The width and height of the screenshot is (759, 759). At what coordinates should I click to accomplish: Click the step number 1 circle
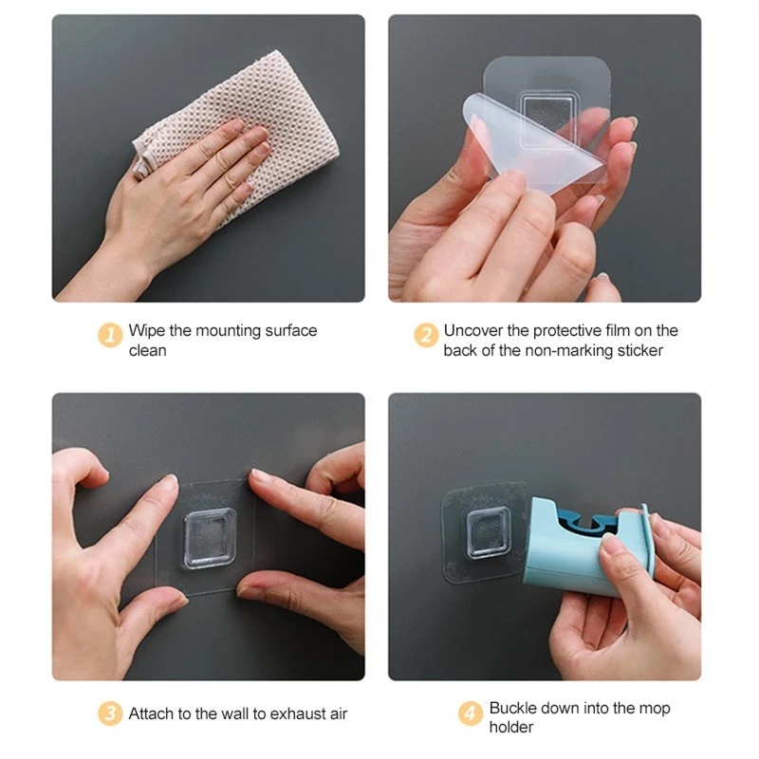point(112,335)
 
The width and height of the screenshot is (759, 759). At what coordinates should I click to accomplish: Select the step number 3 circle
point(112,713)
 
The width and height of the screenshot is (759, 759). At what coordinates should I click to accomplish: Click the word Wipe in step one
point(147,330)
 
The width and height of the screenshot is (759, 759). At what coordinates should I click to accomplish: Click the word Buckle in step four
point(513,708)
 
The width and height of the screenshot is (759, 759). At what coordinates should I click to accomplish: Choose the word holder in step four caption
point(511,728)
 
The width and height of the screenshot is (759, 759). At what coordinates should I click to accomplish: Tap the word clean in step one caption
point(148,350)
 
